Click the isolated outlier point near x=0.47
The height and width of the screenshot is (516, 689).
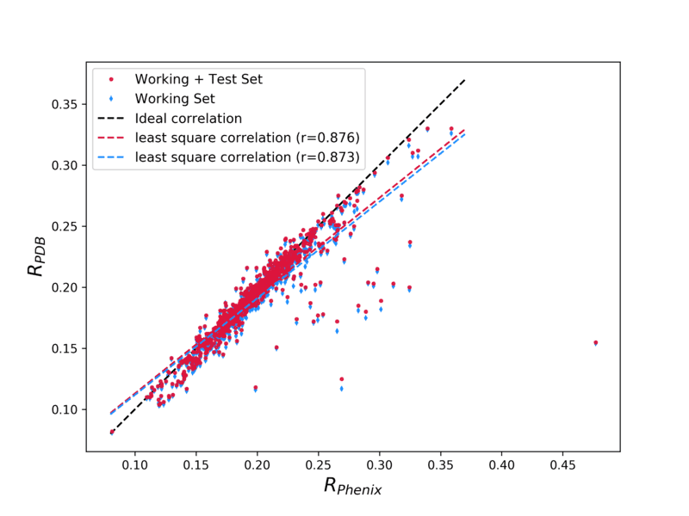click(595, 342)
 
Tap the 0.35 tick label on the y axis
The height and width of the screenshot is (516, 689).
click(65, 105)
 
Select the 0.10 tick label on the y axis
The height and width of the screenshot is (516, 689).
click(65, 409)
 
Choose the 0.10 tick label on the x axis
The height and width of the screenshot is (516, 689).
click(135, 467)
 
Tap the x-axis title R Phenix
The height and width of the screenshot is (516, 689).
click(352, 487)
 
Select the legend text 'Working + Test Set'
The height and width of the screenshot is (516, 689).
click(199, 80)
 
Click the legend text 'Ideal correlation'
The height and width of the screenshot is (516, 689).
click(189, 118)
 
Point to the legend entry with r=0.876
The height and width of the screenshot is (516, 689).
click(247, 138)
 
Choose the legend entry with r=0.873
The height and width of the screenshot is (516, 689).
click(247, 157)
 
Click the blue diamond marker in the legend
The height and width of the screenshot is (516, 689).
click(111, 99)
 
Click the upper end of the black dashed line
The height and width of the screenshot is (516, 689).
click(465, 80)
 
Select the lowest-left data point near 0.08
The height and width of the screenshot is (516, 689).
click(112, 432)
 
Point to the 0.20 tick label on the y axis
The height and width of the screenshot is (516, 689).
click(65, 287)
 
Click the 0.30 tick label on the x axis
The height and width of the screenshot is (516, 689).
click(380, 467)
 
